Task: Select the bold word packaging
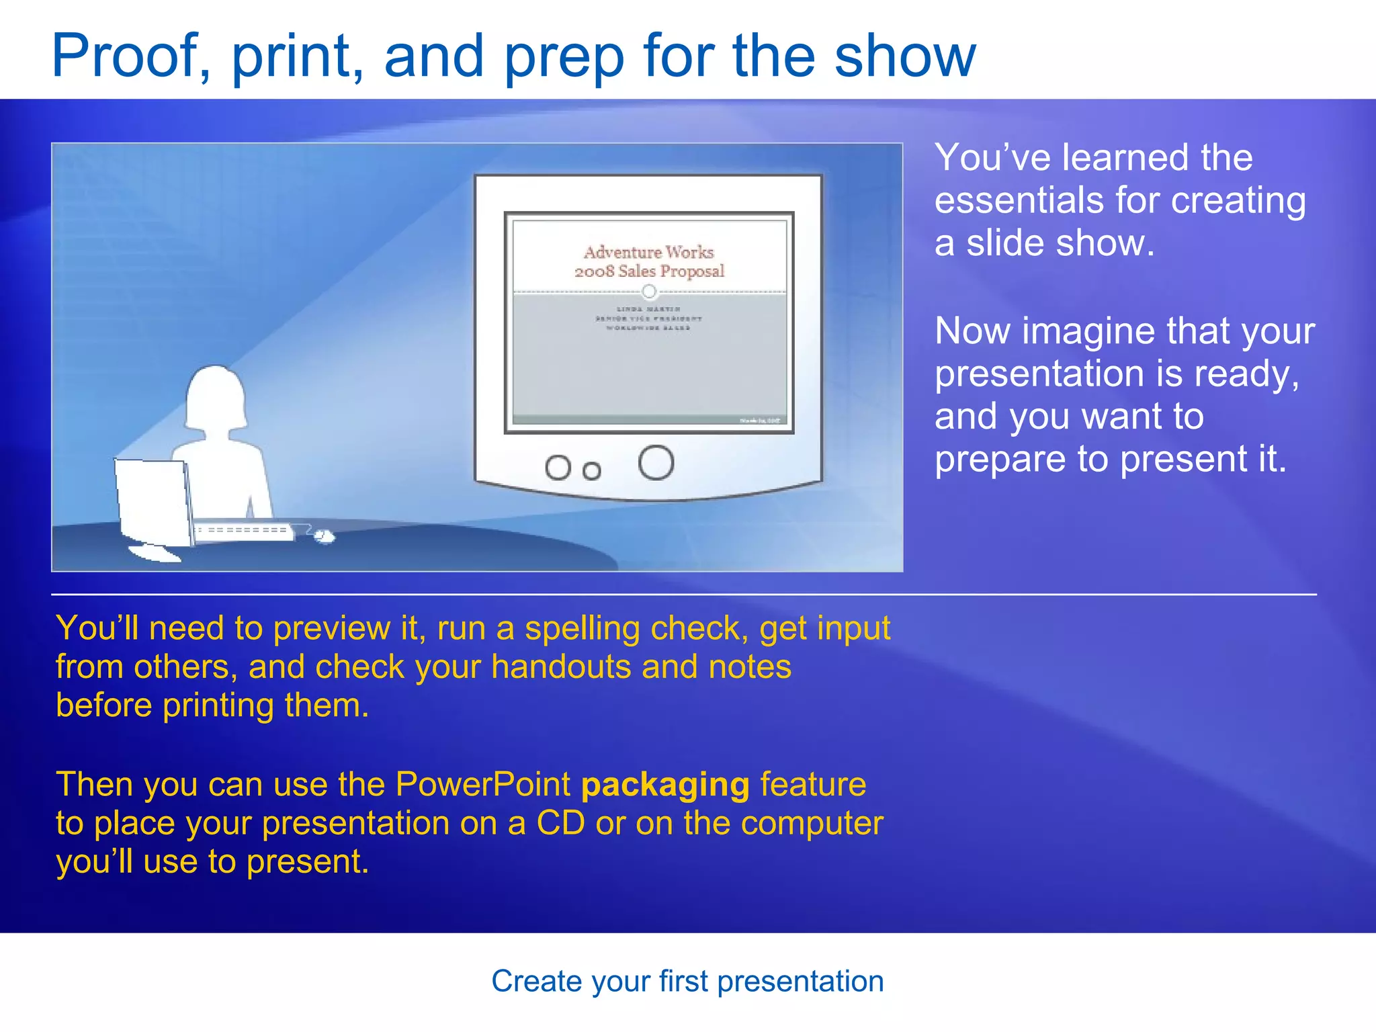664,785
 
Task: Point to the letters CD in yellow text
560,824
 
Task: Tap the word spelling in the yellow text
582,629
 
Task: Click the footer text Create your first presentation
687,982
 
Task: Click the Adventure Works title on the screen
648,253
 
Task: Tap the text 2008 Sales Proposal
649,271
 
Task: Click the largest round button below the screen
656,463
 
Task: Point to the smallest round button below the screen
591,471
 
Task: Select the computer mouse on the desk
324,535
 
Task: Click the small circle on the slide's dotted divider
648,292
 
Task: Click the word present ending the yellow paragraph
302,863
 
